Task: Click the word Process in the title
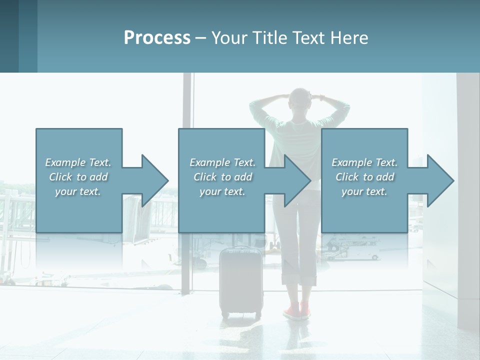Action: click(157, 38)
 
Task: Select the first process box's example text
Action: click(78, 177)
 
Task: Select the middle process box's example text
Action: click(222, 177)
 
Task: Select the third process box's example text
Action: click(364, 177)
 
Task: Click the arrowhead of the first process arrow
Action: click(155, 180)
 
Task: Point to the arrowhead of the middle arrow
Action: click(298, 180)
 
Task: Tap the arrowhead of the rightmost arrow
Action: click(441, 180)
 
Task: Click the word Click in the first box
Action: click(60, 177)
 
